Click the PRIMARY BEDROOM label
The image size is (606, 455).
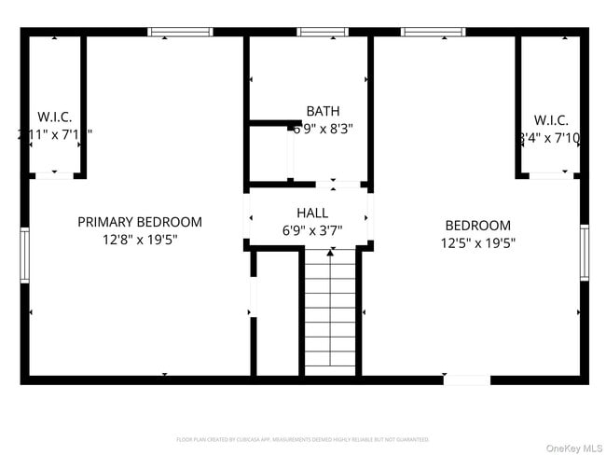(139, 222)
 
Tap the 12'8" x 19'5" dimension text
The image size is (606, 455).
(139, 240)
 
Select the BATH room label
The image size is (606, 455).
(316, 111)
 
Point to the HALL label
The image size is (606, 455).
(311, 213)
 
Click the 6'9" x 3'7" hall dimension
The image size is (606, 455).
(311, 229)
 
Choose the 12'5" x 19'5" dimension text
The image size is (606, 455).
(477, 242)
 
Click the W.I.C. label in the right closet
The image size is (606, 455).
(550, 120)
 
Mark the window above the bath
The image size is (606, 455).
(323, 33)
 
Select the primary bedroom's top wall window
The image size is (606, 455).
(180, 33)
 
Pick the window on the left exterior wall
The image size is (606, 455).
(25, 254)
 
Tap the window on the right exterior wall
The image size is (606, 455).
(584, 252)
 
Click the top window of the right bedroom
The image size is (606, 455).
(432, 33)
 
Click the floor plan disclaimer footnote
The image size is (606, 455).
(303, 438)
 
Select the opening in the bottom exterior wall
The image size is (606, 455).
(466, 379)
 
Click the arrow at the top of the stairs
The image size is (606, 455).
(329, 252)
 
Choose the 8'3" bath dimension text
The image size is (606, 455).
(338, 129)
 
